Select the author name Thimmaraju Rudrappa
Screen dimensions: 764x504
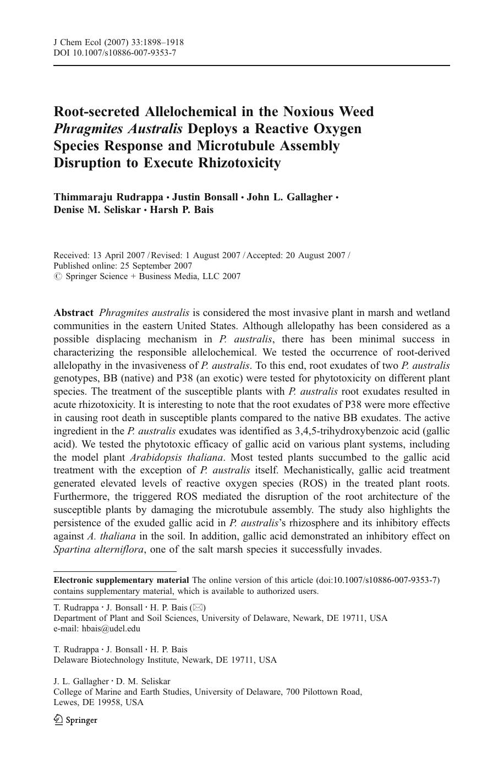(108, 197)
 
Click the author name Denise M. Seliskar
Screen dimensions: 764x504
(97, 210)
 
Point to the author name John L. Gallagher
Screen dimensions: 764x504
(289, 197)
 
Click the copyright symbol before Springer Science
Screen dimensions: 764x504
(57, 276)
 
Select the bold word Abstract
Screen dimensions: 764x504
(73, 313)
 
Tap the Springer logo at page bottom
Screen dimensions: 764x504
(75, 720)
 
